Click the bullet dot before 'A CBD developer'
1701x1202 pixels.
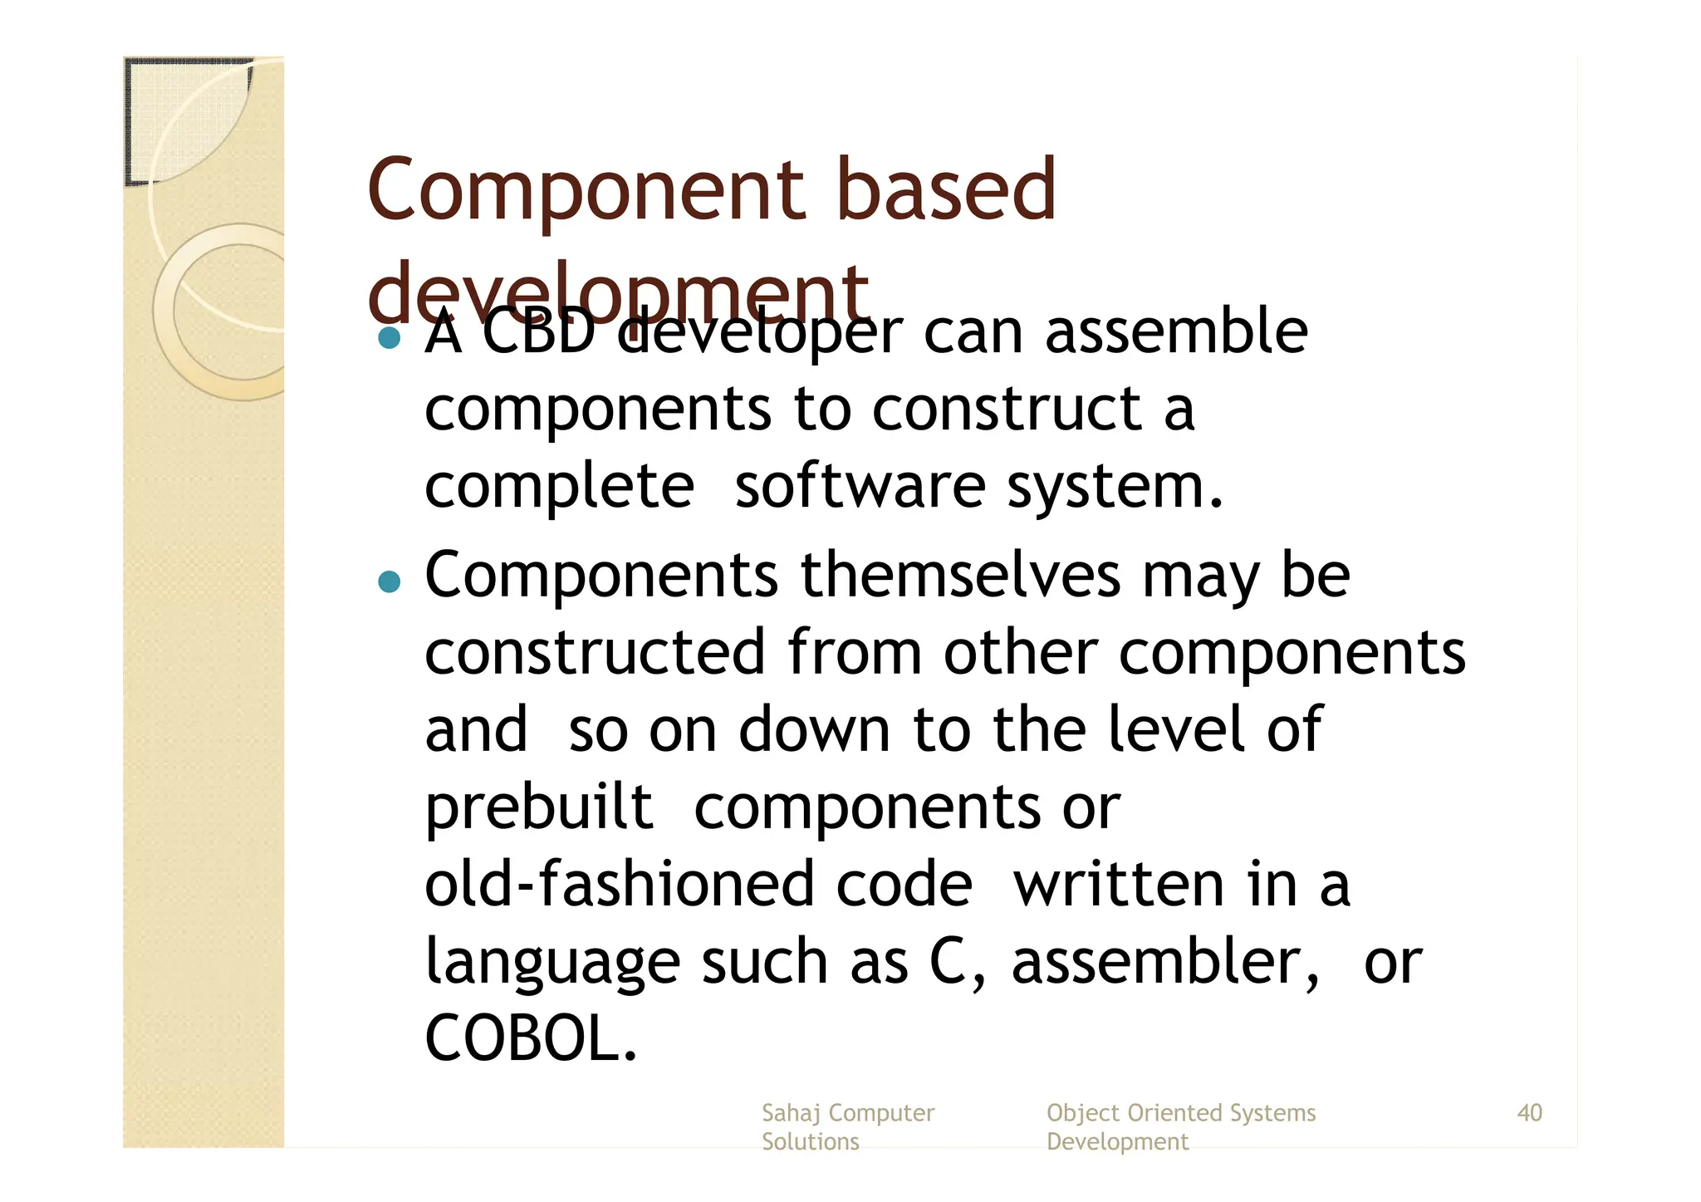point(389,337)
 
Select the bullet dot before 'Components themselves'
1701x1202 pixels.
point(389,581)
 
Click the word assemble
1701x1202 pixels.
point(1175,331)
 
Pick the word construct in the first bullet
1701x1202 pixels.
point(1007,409)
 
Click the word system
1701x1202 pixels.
point(1115,488)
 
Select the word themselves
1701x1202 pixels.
point(959,574)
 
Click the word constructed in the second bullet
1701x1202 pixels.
point(595,652)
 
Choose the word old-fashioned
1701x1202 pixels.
point(615,884)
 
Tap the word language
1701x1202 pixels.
point(551,963)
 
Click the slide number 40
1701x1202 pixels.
point(1529,1112)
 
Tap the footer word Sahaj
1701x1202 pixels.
point(792,1113)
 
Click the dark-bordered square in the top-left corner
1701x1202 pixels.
point(188,120)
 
